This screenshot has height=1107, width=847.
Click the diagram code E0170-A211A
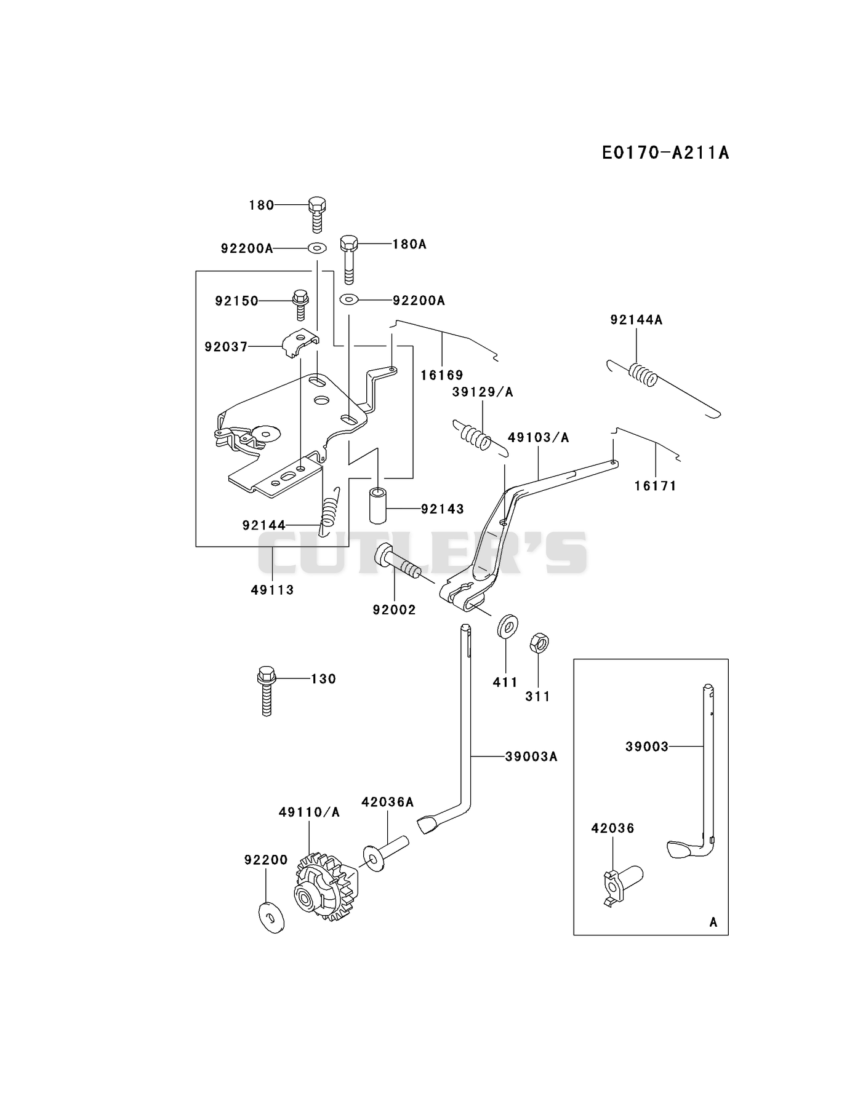(x=665, y=153)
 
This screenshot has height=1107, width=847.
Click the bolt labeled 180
(x=316, y=215)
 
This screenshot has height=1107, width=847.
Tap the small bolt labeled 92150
(x=300, y=304)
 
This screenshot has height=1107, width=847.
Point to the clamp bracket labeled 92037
(x=300, y=344)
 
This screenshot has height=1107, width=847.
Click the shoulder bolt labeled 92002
(x=398, y=561)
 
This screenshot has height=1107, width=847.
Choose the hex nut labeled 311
(x=539, y=643)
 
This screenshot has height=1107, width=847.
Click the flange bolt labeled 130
(x=266, y=691)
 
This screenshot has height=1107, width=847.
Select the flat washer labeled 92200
(x=268, y=917)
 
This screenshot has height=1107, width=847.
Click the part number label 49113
(x=273, y=590)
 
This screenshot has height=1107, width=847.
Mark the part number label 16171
(x=656, y=486)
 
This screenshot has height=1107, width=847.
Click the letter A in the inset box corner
(x=713, y=922)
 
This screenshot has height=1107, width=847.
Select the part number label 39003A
(x=531, y=756)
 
